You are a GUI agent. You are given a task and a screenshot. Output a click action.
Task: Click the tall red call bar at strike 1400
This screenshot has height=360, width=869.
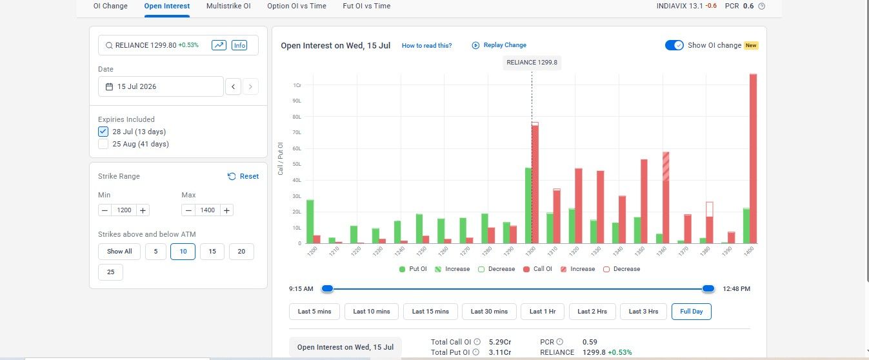coord(753,159)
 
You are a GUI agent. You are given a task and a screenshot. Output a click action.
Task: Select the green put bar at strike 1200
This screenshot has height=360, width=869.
coord(310,221)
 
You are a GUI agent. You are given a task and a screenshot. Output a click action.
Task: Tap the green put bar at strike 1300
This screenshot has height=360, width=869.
coord(528,206)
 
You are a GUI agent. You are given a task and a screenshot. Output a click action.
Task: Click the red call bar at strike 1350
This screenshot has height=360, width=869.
coord(644,201)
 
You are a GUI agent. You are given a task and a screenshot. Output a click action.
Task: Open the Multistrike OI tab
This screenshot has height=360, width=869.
coord(228,6)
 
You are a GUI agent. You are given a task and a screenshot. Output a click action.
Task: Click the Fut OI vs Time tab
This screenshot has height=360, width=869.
coord(366,6)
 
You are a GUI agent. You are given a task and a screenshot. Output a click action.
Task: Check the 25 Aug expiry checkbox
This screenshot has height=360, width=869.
coord(103,144)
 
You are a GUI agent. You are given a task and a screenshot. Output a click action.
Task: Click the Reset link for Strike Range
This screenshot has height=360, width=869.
coord(243,176)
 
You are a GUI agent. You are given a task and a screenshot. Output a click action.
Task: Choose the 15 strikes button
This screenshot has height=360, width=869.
coord(212,252)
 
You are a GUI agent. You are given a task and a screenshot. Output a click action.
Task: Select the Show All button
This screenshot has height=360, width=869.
coord(119,252)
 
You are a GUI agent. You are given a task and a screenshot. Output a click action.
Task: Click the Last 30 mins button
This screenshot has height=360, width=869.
coord(489,312)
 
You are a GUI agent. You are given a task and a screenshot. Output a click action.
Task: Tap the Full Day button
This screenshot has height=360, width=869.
coord(692,312)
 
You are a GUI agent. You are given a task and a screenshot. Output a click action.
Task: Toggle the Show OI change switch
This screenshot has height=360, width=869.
coord(674,45)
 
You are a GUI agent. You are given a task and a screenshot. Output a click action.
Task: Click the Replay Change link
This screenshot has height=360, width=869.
coord(499,45)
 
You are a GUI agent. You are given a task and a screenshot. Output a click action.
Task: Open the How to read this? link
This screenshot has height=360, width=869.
coord(426,45)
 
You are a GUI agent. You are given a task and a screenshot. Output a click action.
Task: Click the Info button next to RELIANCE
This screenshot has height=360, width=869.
coord(239,45)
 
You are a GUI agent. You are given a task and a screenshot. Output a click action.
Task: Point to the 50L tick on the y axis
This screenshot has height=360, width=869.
coord(297,164)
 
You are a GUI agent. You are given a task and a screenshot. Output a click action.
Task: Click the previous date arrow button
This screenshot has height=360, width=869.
coord(233,86)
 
